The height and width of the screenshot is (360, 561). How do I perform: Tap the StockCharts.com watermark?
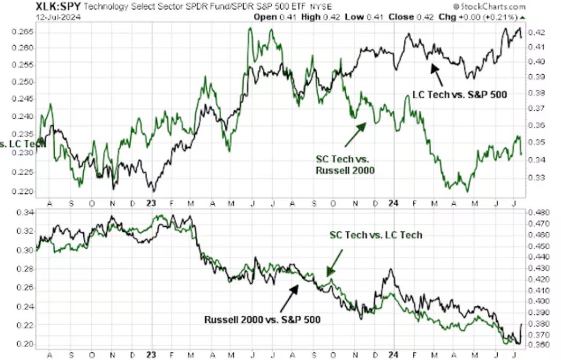click(x=489, y=6)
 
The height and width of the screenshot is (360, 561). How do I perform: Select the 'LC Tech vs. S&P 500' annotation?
click(x=460, y=95)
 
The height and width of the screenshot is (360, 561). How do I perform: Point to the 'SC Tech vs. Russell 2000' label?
click(x=345, y=164)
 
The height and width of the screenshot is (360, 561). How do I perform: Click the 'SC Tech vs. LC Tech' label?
click(x=376, y=235)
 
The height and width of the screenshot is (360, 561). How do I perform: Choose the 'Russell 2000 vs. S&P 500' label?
click(x=263, y=320)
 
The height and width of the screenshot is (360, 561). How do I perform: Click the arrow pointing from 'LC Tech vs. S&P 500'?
click(x=438, y=74)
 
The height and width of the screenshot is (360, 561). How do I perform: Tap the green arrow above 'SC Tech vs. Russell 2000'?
click(x=355, y=134)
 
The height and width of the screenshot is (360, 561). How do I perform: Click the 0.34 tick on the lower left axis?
click(x=25, y=213)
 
